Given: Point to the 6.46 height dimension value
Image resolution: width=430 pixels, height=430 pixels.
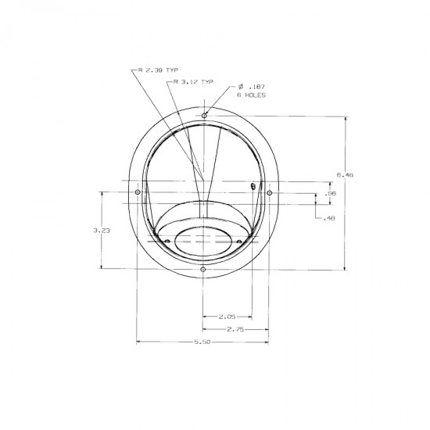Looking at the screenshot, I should [345, 174].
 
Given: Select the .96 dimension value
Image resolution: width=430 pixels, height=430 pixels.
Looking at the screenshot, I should [330, 193].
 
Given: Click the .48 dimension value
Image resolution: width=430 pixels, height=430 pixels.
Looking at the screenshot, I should [329, 218].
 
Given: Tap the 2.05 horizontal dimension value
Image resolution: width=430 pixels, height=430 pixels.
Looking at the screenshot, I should [227, 317].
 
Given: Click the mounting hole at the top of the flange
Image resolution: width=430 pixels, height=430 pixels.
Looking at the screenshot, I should [204, 116].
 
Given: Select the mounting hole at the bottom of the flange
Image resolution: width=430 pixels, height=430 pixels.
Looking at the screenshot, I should [203, 270].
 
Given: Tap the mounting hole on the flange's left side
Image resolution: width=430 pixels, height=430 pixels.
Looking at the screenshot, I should [138, 192].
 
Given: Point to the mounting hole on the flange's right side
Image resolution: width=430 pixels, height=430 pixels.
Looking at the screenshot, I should [269, 192].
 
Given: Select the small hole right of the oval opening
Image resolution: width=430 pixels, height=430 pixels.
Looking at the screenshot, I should [239, 241].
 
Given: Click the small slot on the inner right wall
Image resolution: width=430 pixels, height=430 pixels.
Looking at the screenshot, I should [253, 186].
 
